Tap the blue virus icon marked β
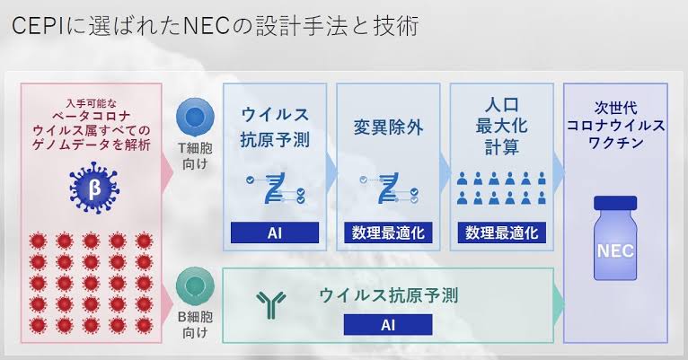pos(94,189)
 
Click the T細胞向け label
pos(195,155)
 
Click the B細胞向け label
pos(195,324)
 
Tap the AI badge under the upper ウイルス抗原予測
pos(275,233)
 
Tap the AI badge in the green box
pos(388,324)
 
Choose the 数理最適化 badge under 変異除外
pos(388,233)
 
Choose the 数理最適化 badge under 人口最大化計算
pos(501,233)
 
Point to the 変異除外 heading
pos(388,127)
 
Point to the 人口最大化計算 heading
pos(502,127)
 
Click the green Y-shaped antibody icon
pos(271,304)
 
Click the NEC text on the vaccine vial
pos(615,250)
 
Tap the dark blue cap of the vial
pos(615,203)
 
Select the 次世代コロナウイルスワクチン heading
pos(615,126)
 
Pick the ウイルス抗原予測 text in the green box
pos(389,295)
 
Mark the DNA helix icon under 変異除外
pos(389,189)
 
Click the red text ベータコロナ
pos(92,117)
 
